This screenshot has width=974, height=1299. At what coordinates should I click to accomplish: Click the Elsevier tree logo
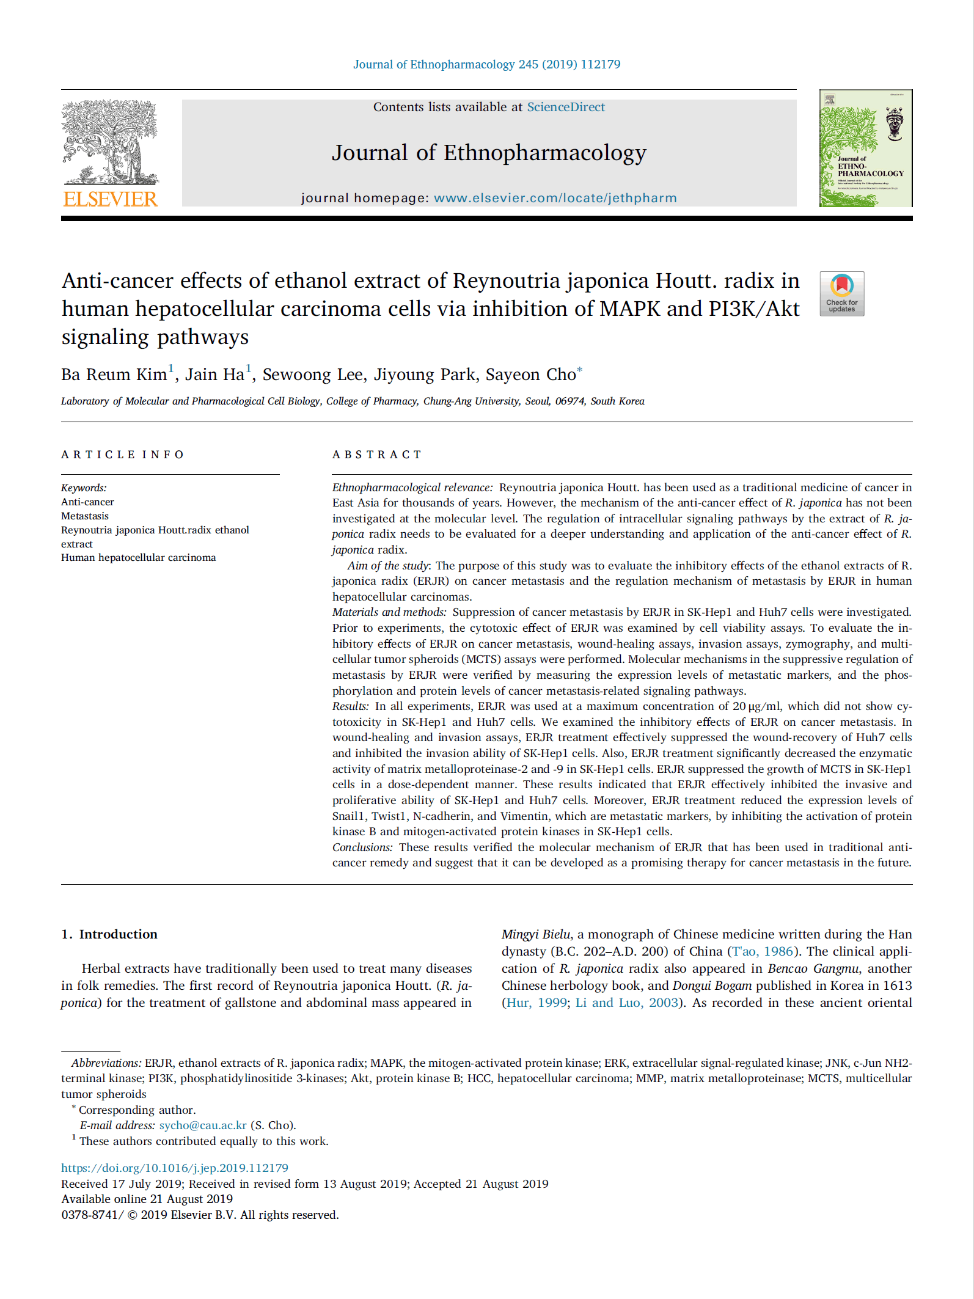tap(110, 142)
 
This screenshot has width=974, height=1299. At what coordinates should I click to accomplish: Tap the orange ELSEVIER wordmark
tap(110, 199)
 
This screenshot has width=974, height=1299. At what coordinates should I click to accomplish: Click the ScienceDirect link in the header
tap(566, 107)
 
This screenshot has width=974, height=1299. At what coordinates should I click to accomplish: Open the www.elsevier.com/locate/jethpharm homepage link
tap(555, 198)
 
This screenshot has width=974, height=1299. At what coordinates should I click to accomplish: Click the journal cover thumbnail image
tap(865, 148)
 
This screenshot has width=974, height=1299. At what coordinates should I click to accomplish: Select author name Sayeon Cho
tap(530, 375)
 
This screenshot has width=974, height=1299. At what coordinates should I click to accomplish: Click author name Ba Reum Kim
tap(114, 375)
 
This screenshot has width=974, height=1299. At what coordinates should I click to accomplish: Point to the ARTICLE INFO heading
tap(122, 455)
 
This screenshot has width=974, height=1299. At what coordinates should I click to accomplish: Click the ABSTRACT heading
tap(377, 455)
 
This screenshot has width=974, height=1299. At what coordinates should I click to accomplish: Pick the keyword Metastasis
tap(85, 516)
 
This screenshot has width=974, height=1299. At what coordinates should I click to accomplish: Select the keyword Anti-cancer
tap(87, 502)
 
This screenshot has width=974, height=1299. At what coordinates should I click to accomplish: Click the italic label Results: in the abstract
tap(351, 706)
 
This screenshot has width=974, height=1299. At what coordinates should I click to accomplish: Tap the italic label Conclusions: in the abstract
tap(362, 847)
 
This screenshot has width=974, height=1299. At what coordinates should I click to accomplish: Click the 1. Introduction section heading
tap(109, 934)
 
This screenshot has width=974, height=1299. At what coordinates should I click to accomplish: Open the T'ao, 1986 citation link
tap(763, 951)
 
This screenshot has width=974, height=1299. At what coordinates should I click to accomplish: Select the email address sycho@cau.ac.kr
tap(203, 1125)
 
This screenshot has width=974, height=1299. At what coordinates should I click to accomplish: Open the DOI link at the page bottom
tap(175, 1168)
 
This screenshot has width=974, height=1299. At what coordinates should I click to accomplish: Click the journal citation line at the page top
tap(486, 65)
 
